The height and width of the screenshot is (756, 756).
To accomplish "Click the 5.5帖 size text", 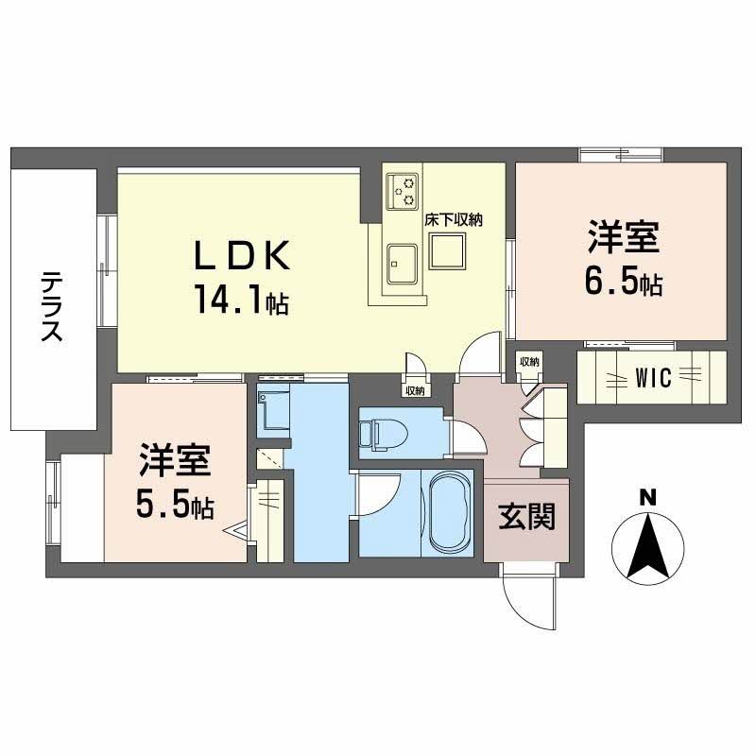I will coord(173,507).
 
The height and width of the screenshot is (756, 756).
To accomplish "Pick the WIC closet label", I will coord(653,379).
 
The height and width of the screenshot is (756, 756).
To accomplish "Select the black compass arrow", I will coord(647,546).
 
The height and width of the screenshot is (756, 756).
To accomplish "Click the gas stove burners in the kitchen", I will coord(405,190).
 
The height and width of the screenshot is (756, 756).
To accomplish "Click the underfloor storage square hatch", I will coord(447,251).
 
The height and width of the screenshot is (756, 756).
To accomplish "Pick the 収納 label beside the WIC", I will coord(528,362).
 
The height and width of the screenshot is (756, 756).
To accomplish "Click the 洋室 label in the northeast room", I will coord(623,236).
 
